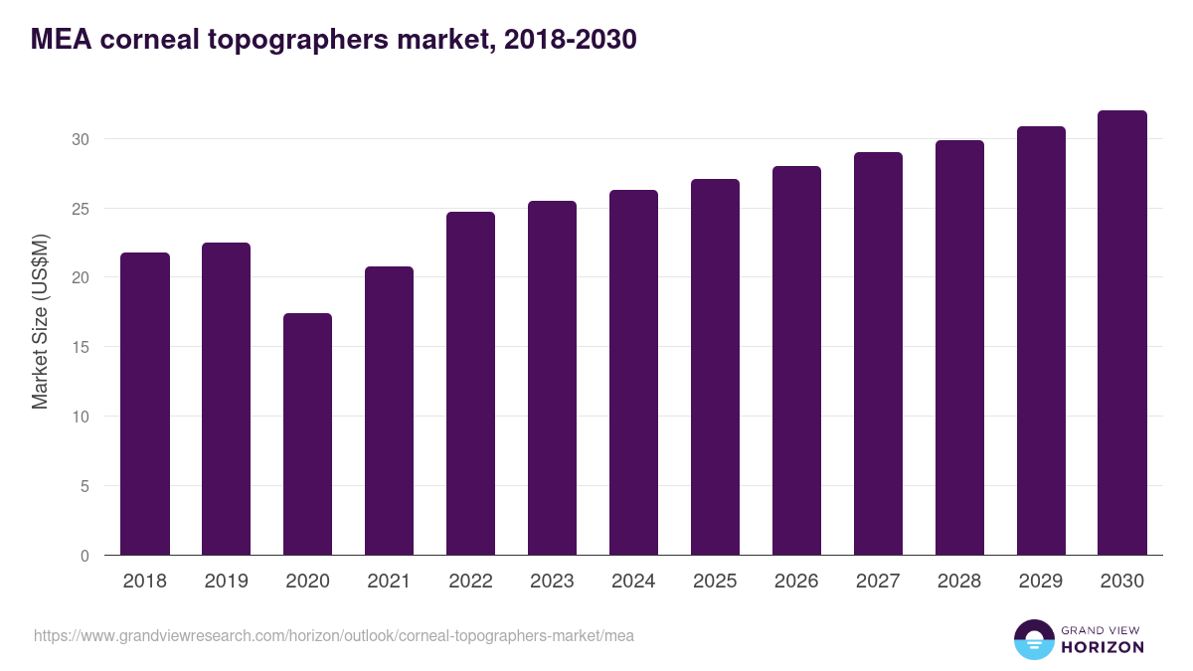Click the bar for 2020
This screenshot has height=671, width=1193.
click(307, 434)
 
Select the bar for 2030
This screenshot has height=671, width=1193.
click(1122, 333)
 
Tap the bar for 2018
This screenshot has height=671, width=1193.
click(145, 404)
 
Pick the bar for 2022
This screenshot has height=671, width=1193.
click(470, 384)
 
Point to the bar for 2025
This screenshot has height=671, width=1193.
click(715, 367)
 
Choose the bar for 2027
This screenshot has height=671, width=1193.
click(878, 354)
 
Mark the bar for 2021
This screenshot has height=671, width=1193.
click(389, 411)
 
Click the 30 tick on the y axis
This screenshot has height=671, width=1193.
click(80, 139)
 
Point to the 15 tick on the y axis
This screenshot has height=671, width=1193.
click(80, 347)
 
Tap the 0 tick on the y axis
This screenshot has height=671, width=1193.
click(85, 556)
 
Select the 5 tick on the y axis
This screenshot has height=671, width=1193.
click(85, 486)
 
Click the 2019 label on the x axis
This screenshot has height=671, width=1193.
click(227, 582)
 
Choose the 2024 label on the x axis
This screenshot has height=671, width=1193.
click(633, 582)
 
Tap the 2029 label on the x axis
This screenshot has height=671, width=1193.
click(1041, 582)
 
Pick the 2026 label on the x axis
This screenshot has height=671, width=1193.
click(796, 582)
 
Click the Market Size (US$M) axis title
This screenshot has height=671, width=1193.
click(40, 321)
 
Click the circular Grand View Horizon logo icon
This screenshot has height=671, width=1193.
click(1034, 639)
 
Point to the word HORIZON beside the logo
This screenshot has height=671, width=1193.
click(1103, 647)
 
